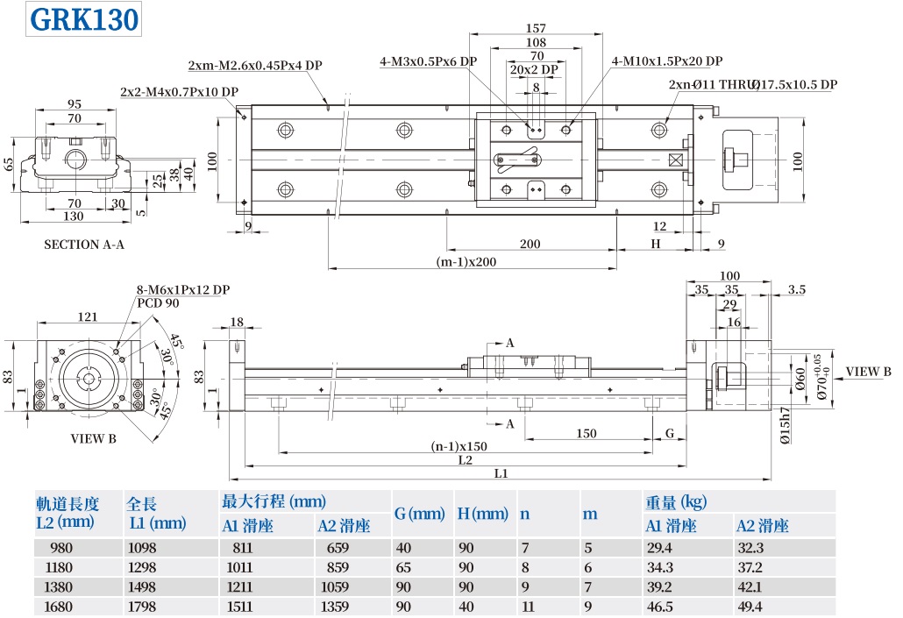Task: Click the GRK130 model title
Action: (x=85, y=19)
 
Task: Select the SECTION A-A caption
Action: (x=84, y=245)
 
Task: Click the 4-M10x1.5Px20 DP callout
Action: (x=666, y=61)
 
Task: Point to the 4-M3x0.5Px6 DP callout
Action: (x=428, y=61)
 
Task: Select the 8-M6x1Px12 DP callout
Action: (x=182, y=289)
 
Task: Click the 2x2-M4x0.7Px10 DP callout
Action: (x=180, y=91)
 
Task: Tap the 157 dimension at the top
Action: (x=536, y=28)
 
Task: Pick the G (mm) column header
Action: (x=420, y=514)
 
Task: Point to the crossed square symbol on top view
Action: (x=675, y=160)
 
